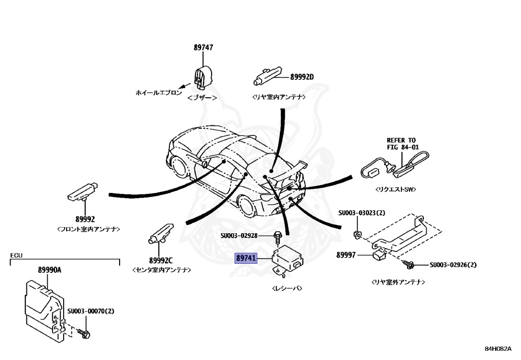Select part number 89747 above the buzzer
[203, 47]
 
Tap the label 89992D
[302, 77]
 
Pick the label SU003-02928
[246, 236]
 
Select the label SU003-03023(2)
[361, 212]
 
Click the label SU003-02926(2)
[453, 265]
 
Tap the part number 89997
[346, 255]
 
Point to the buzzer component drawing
[202, 76]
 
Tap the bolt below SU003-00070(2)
[85, 334]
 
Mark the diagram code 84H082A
[498, 349]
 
